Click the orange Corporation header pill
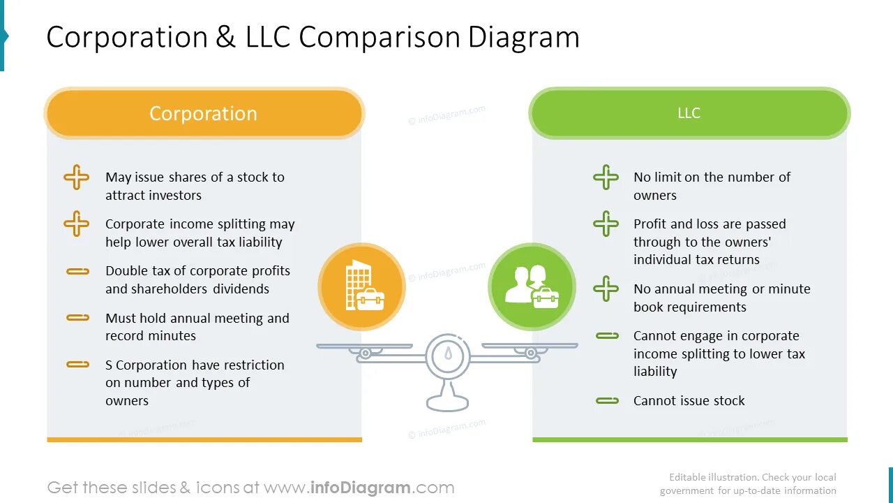[x=204, y=113]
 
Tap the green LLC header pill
[x=689, y=113]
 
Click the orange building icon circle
[x=361, y=286]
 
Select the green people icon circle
[x=532, y=286]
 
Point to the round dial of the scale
[x=447, y=356]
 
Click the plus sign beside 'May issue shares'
[x=77, y=177]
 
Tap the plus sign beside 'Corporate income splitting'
[x=77, y=224]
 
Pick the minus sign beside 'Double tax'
[x=77, y=271]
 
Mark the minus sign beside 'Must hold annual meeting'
[x=77, y=318]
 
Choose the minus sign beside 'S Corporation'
[x=77, y=364]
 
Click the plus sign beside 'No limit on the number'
[x=606, y=177]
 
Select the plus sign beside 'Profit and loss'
[x=606, y=224]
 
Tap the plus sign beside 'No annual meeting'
[x=606, y=289]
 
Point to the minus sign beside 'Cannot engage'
[x=607, y=336]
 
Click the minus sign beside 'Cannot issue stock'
[x=607, y=400]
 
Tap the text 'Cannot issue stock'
[x=689, y=400]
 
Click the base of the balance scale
[x=447, y=402]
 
